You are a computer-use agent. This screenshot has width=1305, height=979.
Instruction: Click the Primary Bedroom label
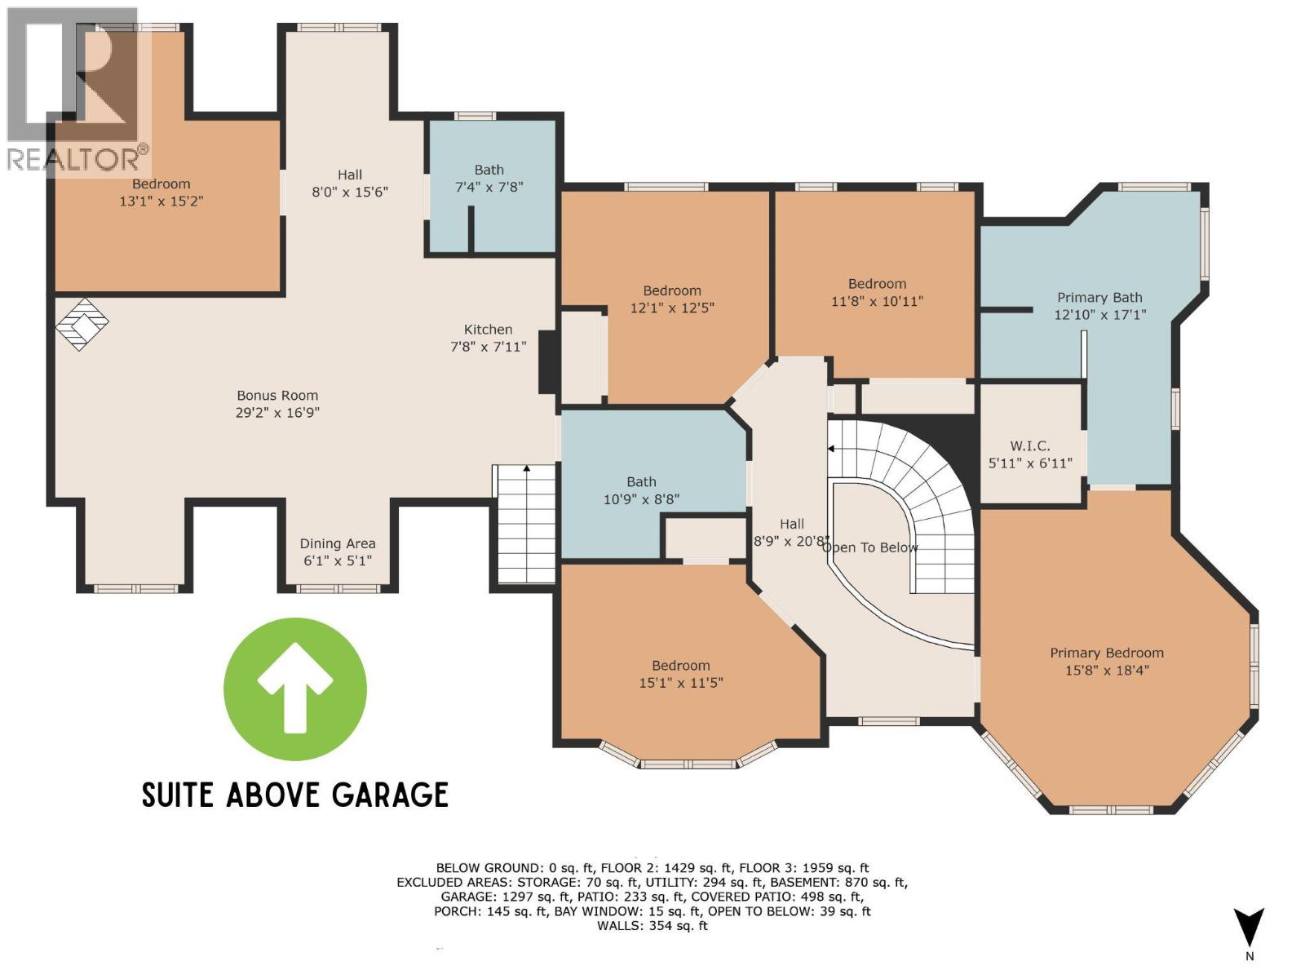pos(1106,653)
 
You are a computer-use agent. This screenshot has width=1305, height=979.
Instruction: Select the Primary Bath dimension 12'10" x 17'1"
pos(1099,315)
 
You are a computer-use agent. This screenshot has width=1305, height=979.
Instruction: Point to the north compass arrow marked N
pos(1249,930)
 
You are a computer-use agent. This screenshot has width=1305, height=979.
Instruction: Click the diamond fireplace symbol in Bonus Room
pos(82,324)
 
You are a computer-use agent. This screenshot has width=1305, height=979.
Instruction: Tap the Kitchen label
pos(488,330)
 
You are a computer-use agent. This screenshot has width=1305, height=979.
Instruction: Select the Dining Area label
pos(338,543)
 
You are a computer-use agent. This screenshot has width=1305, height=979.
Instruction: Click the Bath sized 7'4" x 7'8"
pos(489,178)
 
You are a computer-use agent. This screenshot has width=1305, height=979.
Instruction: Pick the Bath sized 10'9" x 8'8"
pos(641,490)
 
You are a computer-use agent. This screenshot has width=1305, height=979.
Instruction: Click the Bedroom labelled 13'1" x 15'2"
pos(161,192)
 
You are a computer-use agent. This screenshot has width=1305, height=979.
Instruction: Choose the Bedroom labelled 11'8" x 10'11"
pos(877,292)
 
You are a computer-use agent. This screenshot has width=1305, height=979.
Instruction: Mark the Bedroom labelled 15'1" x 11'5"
pos(680,674)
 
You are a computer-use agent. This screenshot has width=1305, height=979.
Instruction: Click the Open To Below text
pos(869,547)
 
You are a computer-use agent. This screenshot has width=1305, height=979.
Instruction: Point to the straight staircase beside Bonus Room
pos(526,525)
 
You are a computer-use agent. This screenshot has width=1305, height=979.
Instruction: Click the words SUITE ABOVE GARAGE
pos(295,795)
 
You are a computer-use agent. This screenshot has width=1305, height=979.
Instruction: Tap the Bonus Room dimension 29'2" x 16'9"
pos(277,413)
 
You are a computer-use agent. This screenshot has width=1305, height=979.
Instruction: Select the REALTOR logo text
pos(77,158)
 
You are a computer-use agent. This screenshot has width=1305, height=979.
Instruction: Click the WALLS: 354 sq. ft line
pos(652,926)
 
